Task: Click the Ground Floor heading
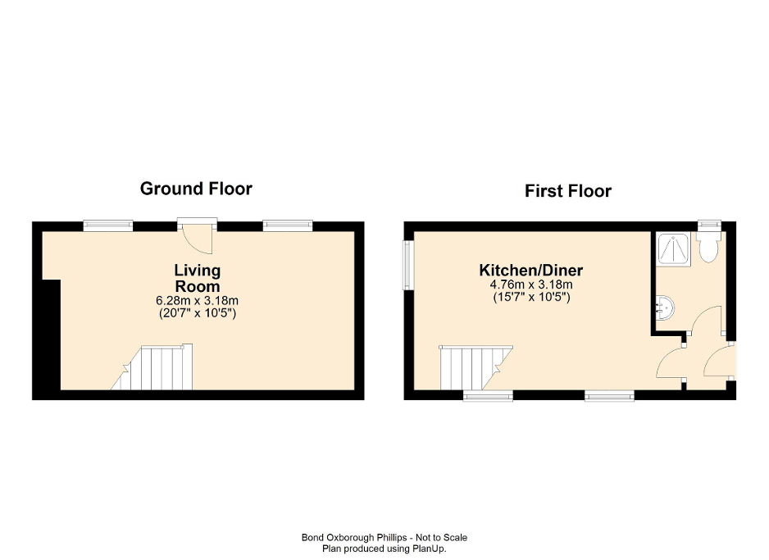pyautogui.click(x=196, y=189)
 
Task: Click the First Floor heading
pyautogui.click(x=568, y=191)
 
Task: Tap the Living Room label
pyautogui.click(x=198, y=278)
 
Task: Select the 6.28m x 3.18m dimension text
pyautogui.click(x=197, y=301)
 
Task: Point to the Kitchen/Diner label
pyautogui.click(x=531, y=271)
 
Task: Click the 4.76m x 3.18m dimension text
pyautogui.click(x=531, y=285)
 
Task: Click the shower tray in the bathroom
pyautogui.click(x=674, y=248)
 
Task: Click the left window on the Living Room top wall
pyautogui.click(x=107, y=225)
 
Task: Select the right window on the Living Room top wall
pyautogui.click(x=288, y=225)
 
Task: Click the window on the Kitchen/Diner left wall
pyautogui.click(x=407, y=264)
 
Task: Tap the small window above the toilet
pyautogui.click(x=708, y=225)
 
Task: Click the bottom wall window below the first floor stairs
pyautogui.click(x=488, y=395)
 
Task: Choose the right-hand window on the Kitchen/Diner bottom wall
pyautogui.click(x=609, y=395)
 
